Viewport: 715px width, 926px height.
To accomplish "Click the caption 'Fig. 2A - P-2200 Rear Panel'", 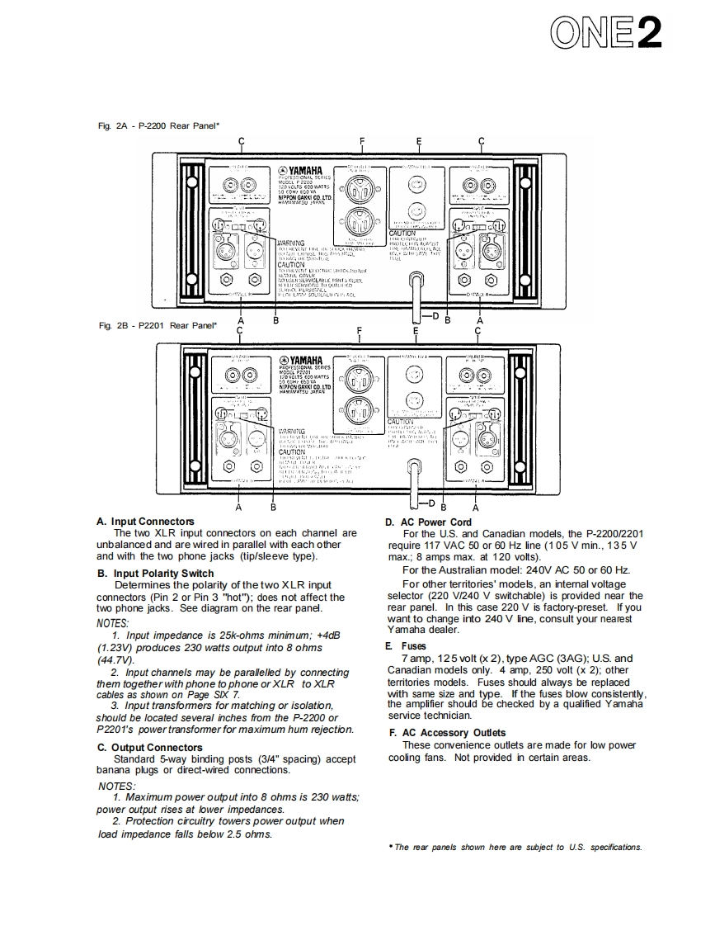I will coord(158,125).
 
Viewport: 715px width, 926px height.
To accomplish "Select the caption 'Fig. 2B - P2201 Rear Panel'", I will coord(157,325).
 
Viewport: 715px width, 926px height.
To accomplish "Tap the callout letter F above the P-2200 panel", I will coord(362,140).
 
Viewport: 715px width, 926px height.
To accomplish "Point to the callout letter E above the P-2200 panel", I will coord(419,140).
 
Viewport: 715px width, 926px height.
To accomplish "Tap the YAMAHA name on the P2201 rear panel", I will coord(306,360).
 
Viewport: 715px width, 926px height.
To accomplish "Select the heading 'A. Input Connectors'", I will coord(146,522).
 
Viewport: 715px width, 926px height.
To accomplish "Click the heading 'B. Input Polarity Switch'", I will coord(155,573).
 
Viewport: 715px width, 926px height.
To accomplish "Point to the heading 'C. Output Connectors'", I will coord(149,748).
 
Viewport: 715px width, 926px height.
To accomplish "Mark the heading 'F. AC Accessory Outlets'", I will coord(447,733).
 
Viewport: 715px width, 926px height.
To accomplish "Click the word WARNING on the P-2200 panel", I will coord(291,243).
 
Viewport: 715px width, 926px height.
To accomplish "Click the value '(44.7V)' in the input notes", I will coord(115,660).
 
